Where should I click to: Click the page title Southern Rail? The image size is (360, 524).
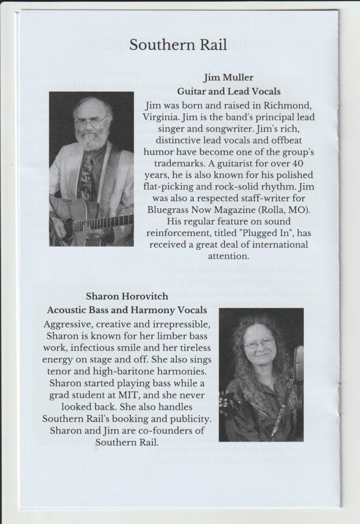(178, 45)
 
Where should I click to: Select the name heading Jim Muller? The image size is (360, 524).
(226, 78)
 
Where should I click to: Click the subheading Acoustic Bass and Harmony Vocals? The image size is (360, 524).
(127, 310)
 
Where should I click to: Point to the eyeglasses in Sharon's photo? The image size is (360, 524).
(259, 344)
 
